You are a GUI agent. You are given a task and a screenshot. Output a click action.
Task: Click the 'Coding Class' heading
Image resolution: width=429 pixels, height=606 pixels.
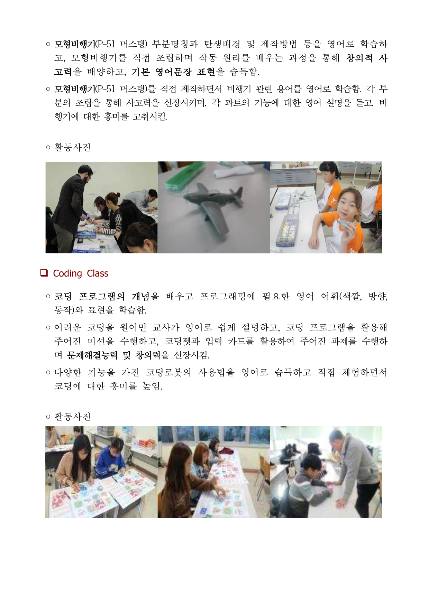coord(81,273)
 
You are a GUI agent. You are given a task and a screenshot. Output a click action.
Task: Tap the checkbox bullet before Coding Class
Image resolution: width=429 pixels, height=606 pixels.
coord(44,273)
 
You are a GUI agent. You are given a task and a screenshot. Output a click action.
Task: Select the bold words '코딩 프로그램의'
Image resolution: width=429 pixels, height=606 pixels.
coord(89,296)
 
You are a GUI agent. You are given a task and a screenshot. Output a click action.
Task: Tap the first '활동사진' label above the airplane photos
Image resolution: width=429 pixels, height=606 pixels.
coord(73,147)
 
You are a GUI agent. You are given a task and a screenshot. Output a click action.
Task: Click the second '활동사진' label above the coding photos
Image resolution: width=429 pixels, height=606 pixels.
coord(73,417)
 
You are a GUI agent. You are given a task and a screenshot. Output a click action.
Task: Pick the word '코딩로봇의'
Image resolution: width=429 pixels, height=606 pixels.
coord(168,372)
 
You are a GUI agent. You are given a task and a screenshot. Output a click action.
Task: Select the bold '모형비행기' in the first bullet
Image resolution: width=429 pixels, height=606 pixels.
coord(74,44)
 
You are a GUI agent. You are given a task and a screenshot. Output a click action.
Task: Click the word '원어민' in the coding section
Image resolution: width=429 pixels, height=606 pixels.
coord(133,327)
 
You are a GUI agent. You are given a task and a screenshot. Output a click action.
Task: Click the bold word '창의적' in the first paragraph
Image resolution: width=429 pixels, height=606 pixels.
coord(359,58)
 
